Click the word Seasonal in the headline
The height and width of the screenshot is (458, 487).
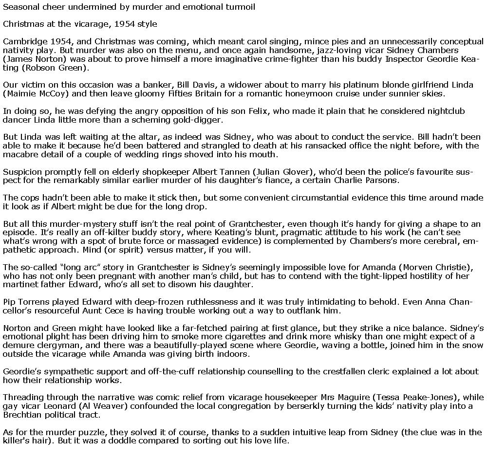[x=20, y=7]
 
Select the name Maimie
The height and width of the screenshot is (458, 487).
[x=20, y=93]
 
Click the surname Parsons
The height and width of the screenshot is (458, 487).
[x=380, y=181]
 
